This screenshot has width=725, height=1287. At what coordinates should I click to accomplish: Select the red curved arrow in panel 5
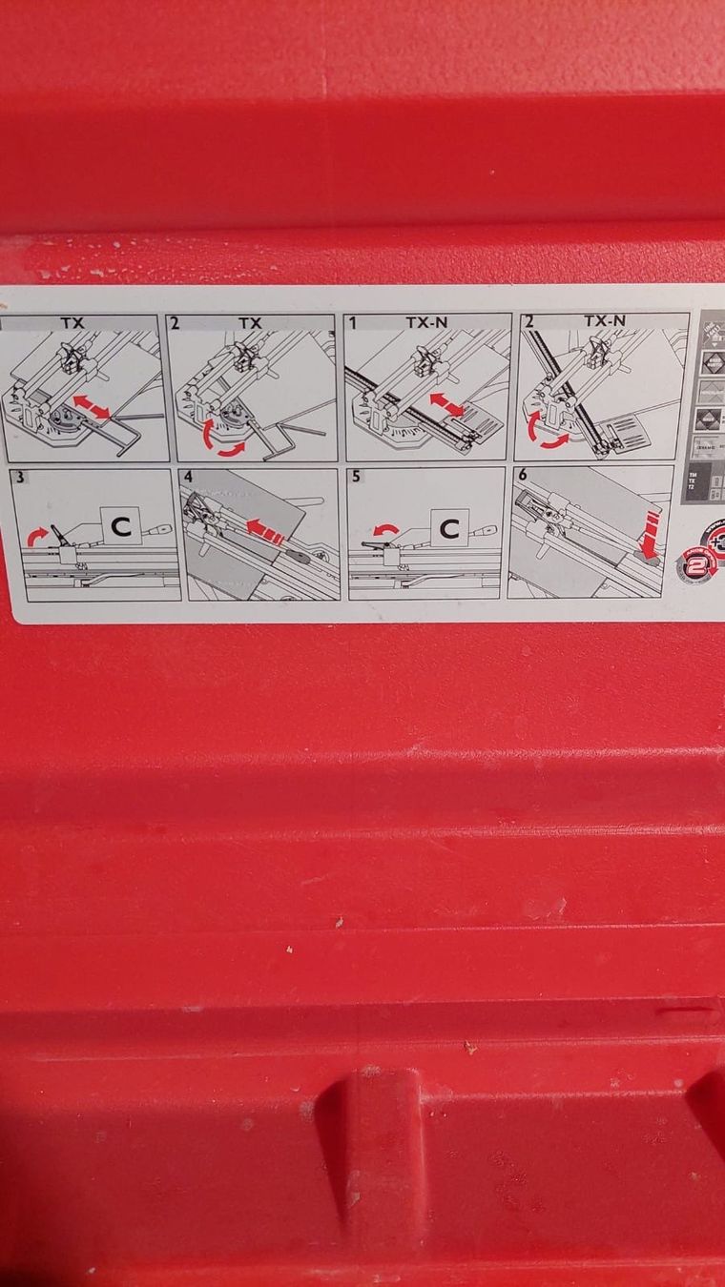pyautogui.click(x=385, y=530)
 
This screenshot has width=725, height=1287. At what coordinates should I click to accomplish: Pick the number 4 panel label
pyautogui.click(x=188, y=476)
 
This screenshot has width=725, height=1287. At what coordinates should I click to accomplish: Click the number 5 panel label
pyautogui.click(x=356, y=477)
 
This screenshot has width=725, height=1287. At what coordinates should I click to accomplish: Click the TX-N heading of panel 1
pyautogui.click(x=425, y=323)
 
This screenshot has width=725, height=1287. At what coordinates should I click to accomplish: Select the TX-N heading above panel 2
pyautogui.click(x=603, y=321)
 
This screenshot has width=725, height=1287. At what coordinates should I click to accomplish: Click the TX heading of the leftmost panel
pyautogui.click(x=72, y=323)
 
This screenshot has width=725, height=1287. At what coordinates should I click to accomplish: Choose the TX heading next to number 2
pyautogui.click(x=250, y=323)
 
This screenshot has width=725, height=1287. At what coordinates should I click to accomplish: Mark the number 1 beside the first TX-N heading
pyautogui.click(x=352, y=323)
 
